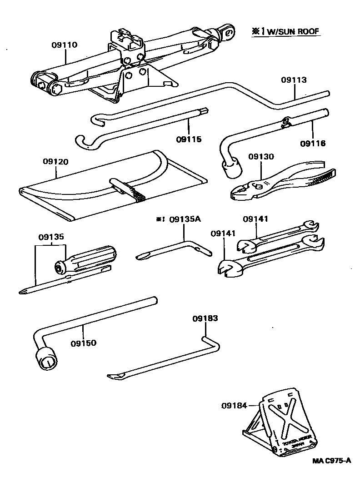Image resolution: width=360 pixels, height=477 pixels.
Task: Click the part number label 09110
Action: coord(64,45)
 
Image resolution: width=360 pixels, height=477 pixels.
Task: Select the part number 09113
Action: coord(294,80)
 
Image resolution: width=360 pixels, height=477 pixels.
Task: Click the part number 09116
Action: coord(313,144)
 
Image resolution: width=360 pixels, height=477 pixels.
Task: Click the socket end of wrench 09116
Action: coord(231,170)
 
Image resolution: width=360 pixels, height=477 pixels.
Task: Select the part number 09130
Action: coord(261,157)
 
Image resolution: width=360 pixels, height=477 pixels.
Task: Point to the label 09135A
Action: coord(184,219)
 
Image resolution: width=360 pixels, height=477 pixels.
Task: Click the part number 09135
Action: coord(51,237)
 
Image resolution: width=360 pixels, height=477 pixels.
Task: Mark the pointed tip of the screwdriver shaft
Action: coord(23,292)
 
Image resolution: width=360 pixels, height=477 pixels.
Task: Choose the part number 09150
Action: coord(83,343)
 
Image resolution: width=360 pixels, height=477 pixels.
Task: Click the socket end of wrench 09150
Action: coord(47,360)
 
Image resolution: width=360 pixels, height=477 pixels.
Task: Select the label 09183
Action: coord(205,318)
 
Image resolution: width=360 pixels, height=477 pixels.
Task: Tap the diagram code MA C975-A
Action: coord(332,461)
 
